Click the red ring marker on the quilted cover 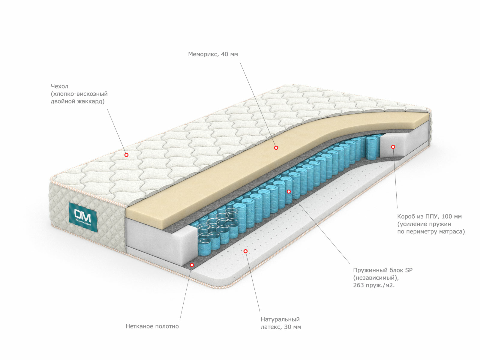pos(126,155)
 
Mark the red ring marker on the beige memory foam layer pos(276,148)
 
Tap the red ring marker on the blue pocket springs pos(289,191)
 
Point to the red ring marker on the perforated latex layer pos(246,251)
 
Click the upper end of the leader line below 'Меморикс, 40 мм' pos(240,62)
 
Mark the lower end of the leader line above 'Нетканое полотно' pos(180,320)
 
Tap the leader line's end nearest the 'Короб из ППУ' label pos(397,208)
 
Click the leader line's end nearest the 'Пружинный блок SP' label pos(350,264)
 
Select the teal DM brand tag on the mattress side pos(83,217)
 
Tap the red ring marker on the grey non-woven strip pos(192,265)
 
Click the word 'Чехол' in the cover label pos(59,86)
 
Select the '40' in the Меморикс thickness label pos(224,54)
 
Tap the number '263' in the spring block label pos(358,285)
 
